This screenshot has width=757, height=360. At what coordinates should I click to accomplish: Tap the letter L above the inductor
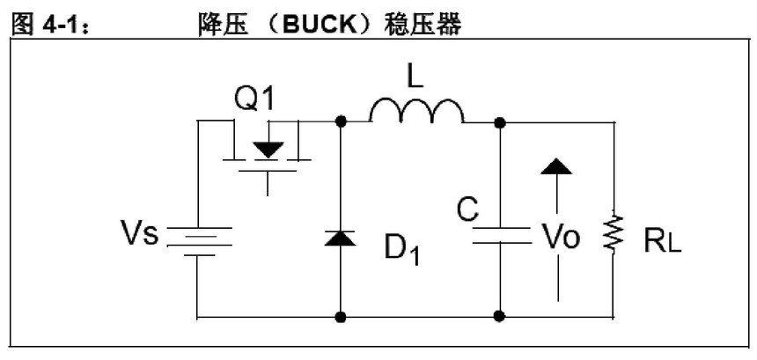(415, 77)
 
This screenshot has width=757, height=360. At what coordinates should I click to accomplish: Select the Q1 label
(253, 99)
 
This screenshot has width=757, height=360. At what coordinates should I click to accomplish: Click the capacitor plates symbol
(501, 236)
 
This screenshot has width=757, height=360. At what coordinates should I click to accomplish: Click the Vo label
(560, 237)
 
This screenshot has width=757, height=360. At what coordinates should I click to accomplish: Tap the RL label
(662, 239)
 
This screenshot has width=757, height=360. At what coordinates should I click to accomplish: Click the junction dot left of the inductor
(341, 121)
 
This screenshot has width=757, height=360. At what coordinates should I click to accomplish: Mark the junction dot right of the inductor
(501, 121)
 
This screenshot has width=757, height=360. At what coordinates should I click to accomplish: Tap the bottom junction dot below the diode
(341, 316)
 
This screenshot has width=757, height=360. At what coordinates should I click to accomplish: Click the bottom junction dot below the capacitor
(501, 316)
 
